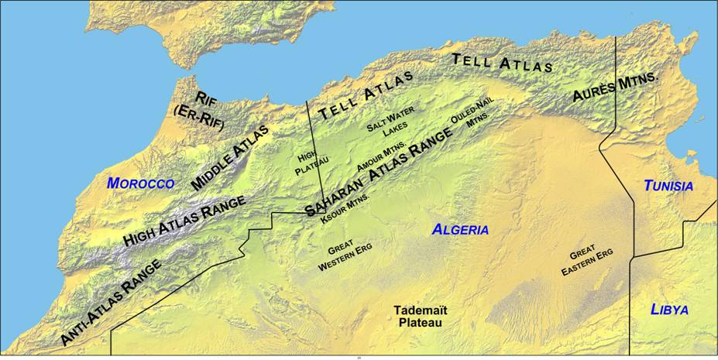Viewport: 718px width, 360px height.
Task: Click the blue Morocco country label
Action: pyautogui.click(x=140, y=183)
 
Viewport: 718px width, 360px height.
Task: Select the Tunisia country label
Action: pyautogui.click(x=668, y=187)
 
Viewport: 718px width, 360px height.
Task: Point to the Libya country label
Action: pyautogui.click(x=669, y=310)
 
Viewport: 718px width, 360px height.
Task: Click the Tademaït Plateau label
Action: pyautogui.click(x=421, y=316)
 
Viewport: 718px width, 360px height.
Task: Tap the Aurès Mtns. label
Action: pyautogui.click(x=615, y=88)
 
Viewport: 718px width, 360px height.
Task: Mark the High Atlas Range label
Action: pyautogui.click(x=184, y=221)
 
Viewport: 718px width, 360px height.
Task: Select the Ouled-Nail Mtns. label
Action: pyautogui.click(x=474, y=111)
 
